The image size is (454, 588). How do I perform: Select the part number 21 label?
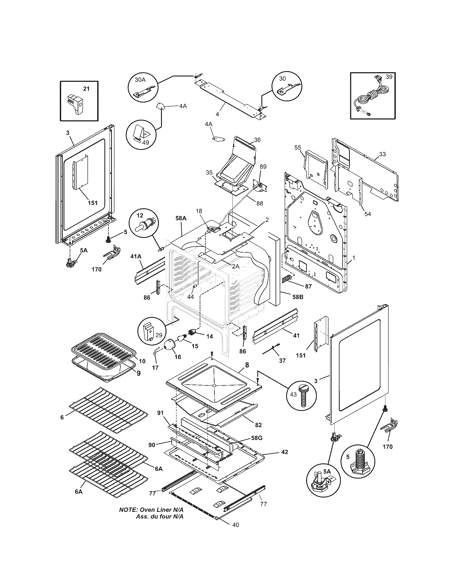pos(86,89)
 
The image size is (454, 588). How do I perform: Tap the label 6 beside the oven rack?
pos(62,417)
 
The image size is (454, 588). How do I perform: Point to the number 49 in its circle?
pos(145,142)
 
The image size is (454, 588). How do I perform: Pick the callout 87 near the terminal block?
pos(308,287)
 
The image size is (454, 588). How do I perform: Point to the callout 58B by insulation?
pos(298,297)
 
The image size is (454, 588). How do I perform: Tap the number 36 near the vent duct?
pos(257,140)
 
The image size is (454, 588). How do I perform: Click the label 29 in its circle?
pos(159,335)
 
